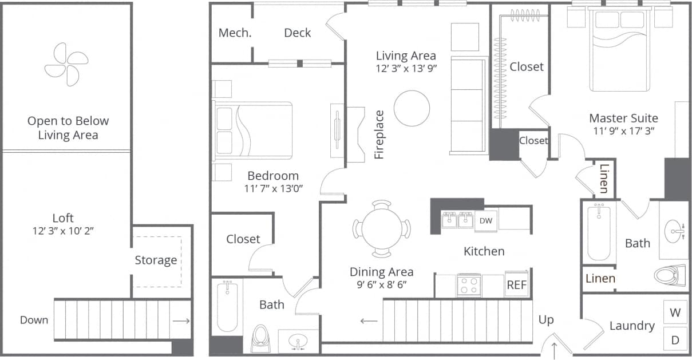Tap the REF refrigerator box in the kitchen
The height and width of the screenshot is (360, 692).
pyautogui.click(x=516, y=285)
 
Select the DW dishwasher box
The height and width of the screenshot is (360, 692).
pyautogui.click(x=485, y=220)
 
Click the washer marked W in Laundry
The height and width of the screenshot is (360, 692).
pyautogui.click(x=675, y=313)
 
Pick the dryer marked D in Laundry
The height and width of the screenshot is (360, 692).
pyautogui.click(x=675, y=339)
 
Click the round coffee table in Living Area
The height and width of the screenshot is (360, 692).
pyautogui.click(x=412, y=108)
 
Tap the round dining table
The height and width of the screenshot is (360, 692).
pyautogui.click(x=382, y=229)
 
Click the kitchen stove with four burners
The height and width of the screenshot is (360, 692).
pyautogui.click(x=469, y=285)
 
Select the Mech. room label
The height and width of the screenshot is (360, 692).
pyautogui.click(x=235, y=33)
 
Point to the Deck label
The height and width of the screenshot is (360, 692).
pyautogui.click(x=298, y=33)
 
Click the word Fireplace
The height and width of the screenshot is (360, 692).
pyautogui.click(x=379, y=134)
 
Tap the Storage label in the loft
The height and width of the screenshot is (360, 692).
pyautogui.click(x=156, y=260)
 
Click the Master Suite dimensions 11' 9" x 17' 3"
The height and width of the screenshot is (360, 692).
pyautogui.click(x=623, y=130)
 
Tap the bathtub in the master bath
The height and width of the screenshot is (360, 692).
pyautogui.click(x=599, y=232)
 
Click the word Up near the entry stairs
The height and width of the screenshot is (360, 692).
pyautogui.click(x=546, y=319)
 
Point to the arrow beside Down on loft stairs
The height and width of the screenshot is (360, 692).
pyautogui.click(x=181, y=321)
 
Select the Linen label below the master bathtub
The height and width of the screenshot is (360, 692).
pyautogui.click(x=600, y=279)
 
